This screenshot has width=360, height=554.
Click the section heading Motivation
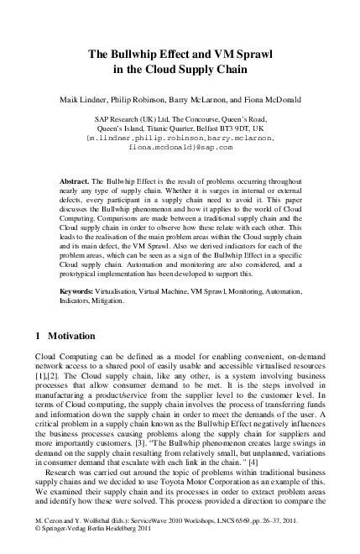click(x=72, y=336)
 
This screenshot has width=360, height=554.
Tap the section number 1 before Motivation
click(x=38, y=336)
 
